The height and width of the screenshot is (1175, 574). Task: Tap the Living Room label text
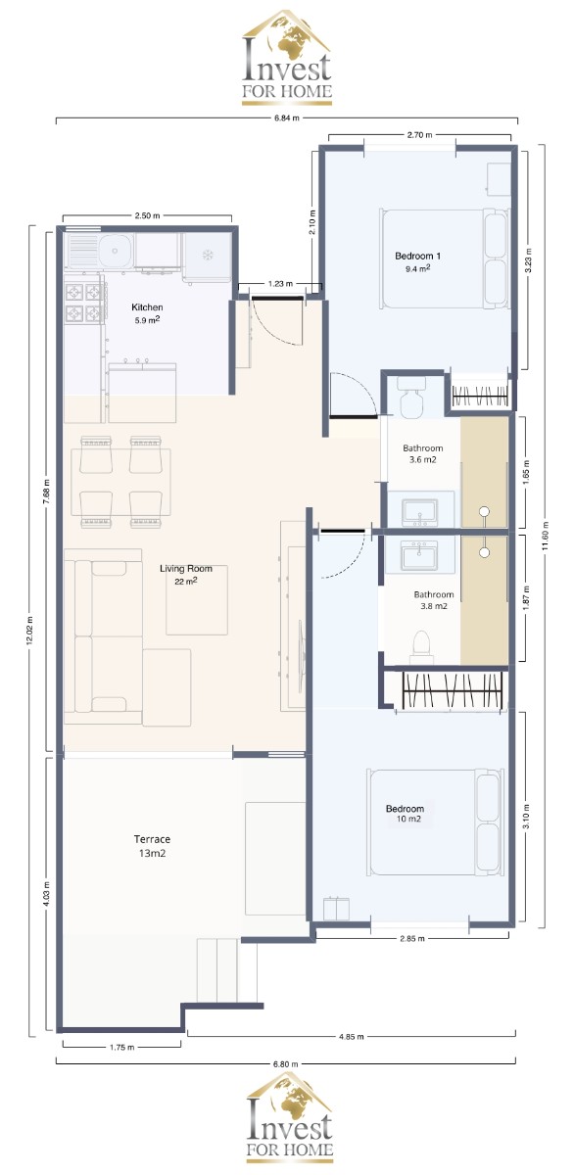[186, 569]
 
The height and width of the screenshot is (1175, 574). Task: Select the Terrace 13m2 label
[152, 846]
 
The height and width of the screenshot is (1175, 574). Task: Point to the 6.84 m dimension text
[286, 118]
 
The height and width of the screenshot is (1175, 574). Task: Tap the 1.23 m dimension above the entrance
[280, 284]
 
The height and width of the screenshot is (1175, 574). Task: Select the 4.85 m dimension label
[351, 1037]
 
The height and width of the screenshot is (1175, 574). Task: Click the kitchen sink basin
[115, 250]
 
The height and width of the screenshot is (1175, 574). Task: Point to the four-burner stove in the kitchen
[83, 303]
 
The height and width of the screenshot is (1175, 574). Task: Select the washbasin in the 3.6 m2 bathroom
[419, 511]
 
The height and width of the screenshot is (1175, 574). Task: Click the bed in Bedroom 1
[445, 259]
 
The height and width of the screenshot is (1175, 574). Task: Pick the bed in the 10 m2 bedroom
[434, 822]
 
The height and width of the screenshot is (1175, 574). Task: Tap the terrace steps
[227, 970]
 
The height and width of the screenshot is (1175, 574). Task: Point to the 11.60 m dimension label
[546, 537]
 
